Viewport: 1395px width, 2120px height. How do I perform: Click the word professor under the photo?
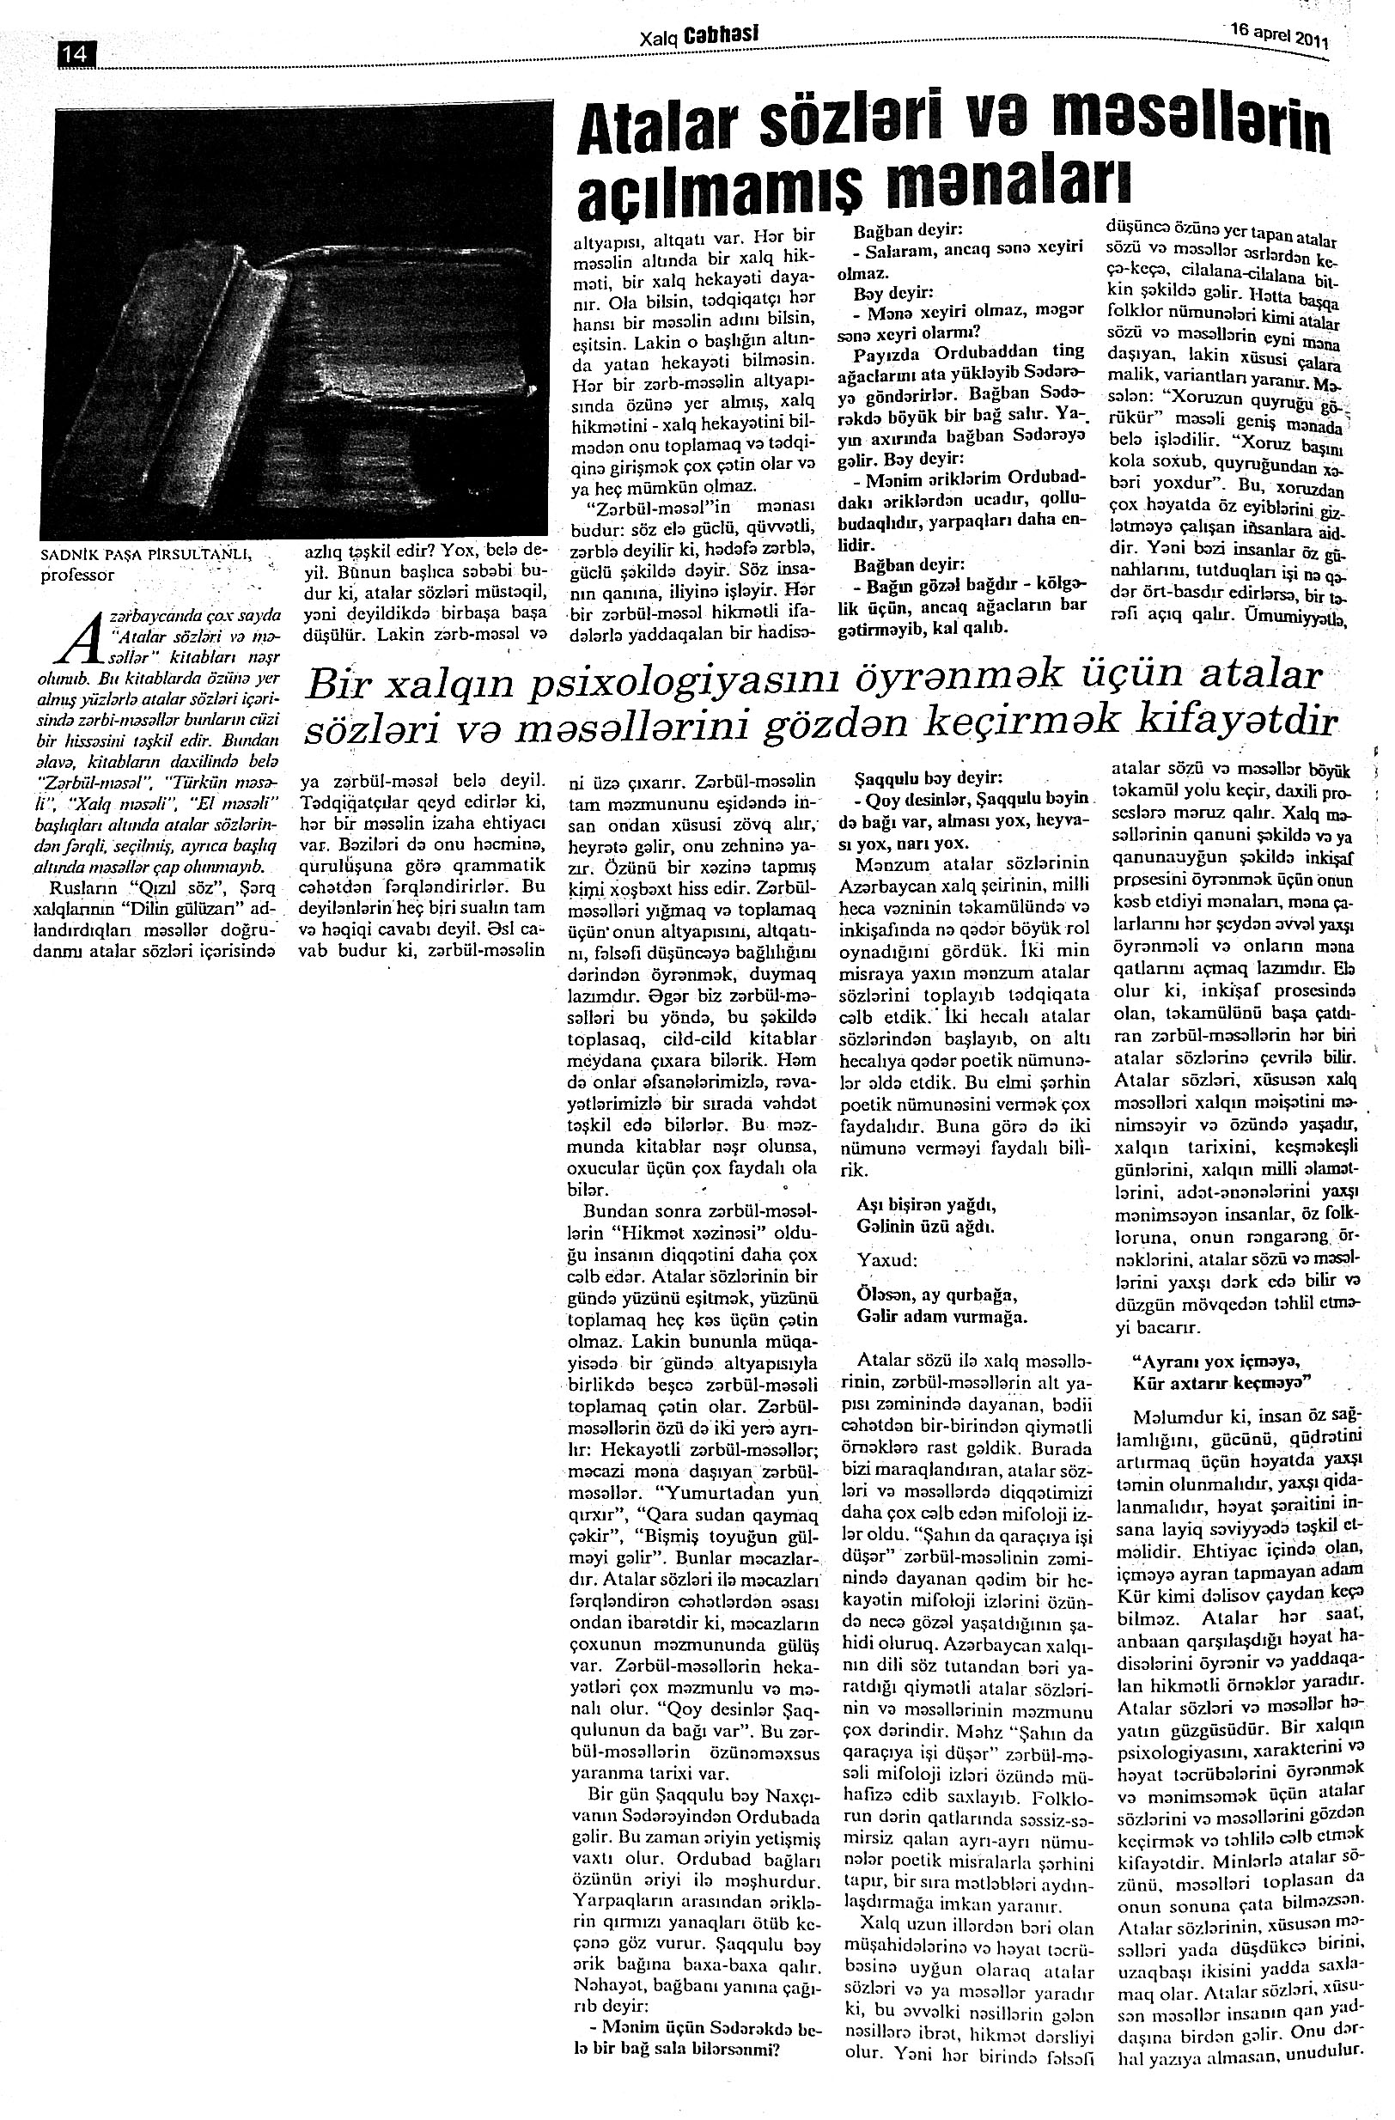[x=78, y=576]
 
